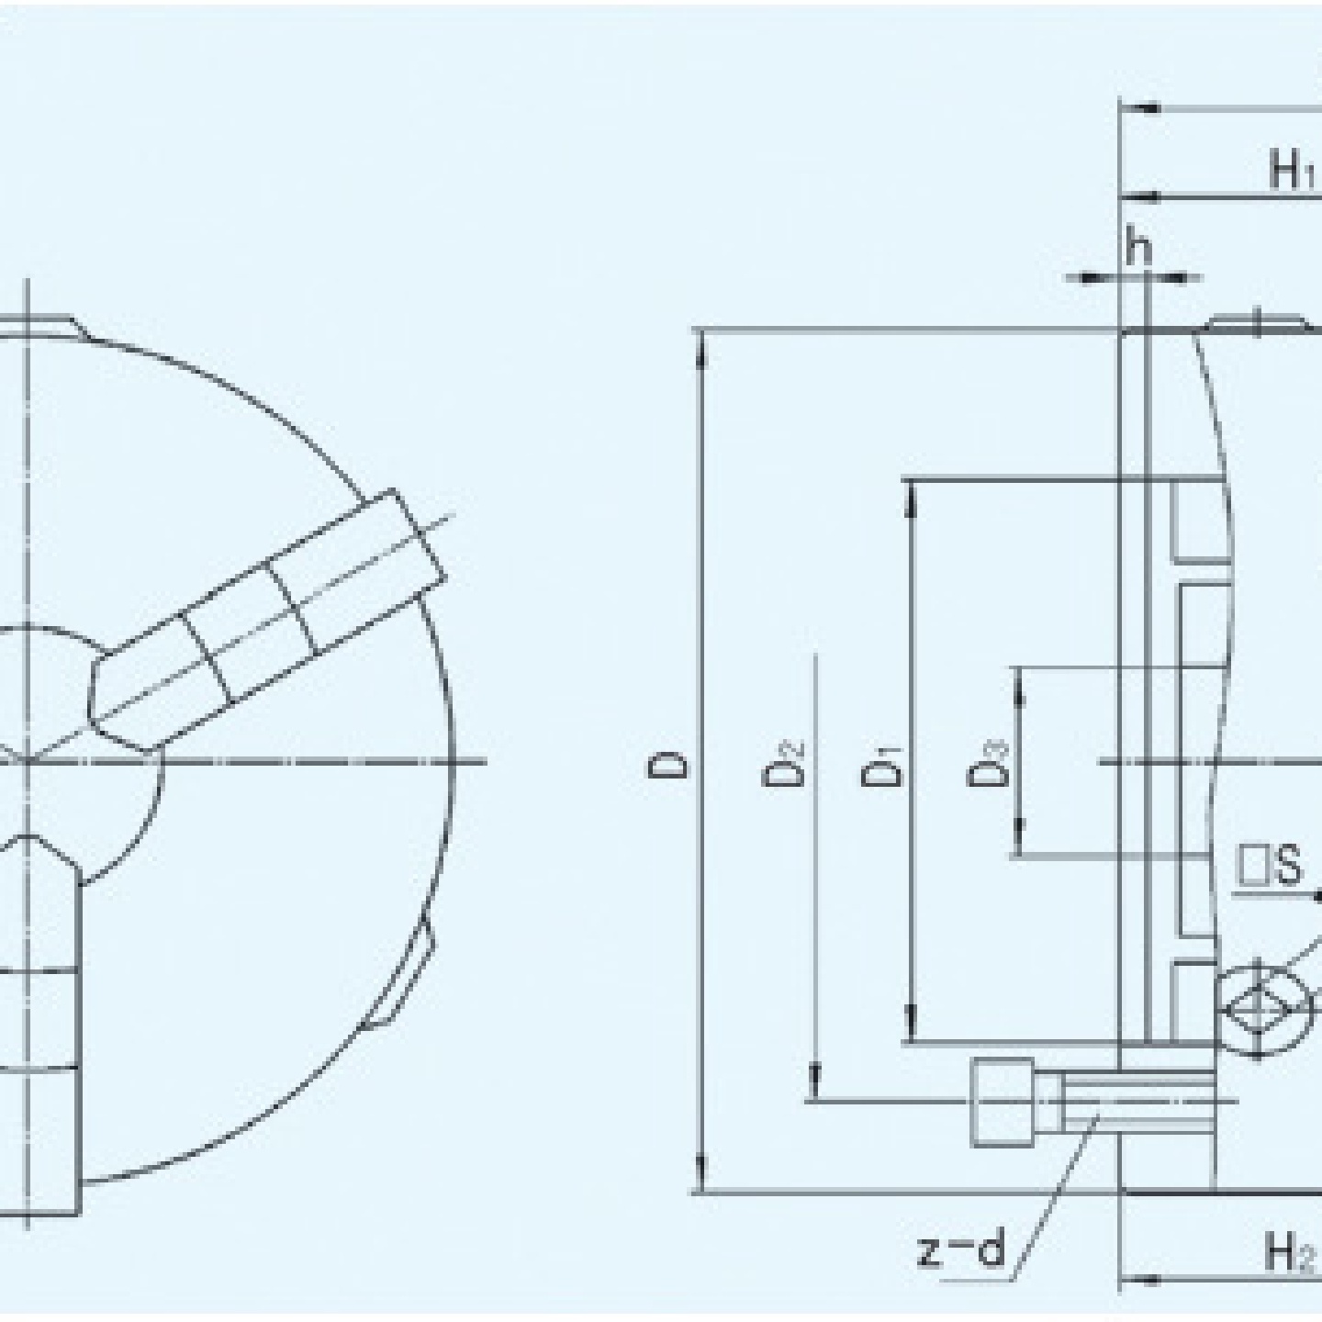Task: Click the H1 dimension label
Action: [x=1293, y=170]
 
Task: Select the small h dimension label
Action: [x=1138, y=247]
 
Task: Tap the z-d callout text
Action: [x=961, y=1249]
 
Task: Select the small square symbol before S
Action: [x=1252, y=866]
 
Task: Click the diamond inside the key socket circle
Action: [x=1259, y=1009]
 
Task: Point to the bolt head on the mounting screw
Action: [x=1002, y=1101]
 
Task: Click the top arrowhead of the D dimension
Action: [x=702, y=349]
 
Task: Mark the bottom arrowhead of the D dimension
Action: [x=702, y=1175]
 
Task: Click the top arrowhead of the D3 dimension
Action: [x=1018, y=685]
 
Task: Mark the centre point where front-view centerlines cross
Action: [x=28, y=761]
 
